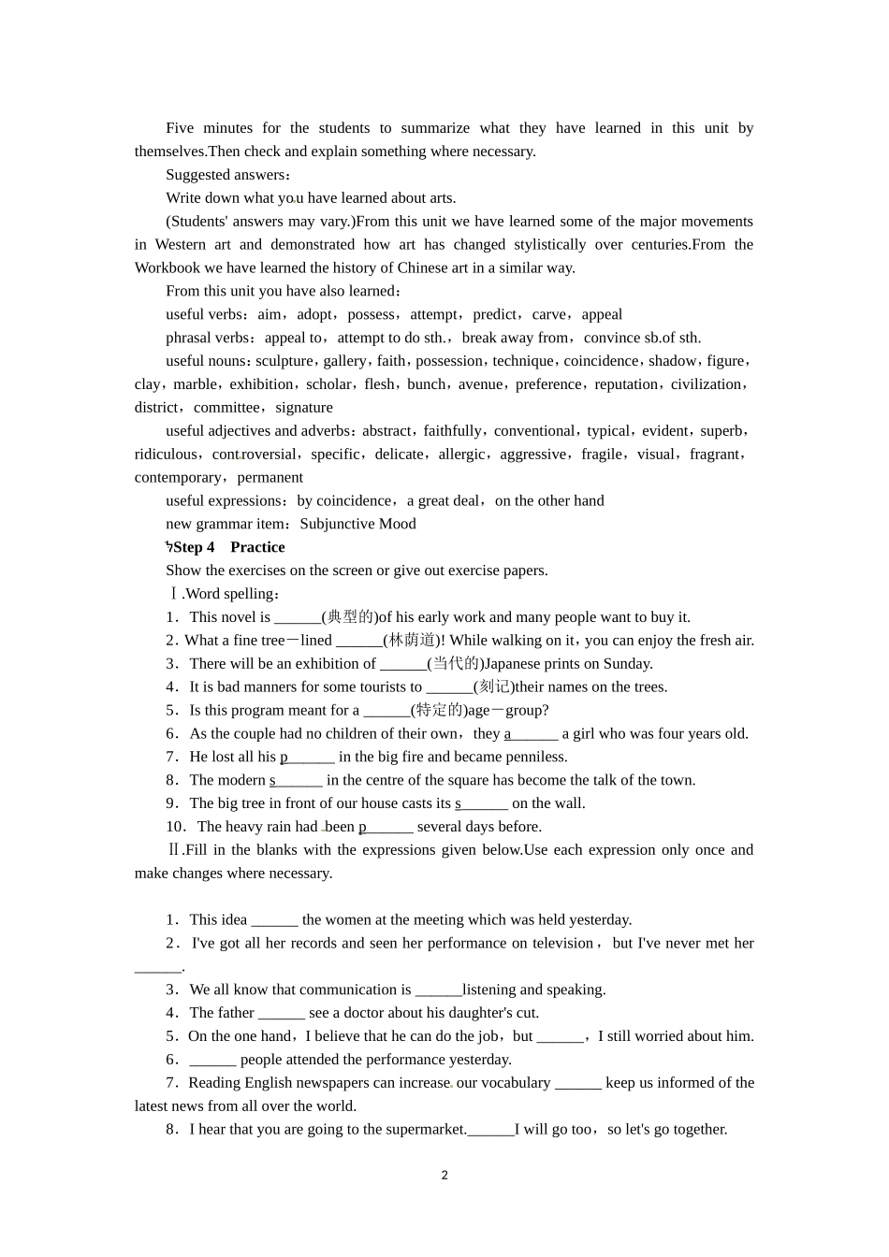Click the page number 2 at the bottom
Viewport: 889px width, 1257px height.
pos(444,1176)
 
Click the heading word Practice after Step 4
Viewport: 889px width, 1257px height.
pos(257,547)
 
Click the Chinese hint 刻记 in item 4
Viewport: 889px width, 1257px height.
pos(493,687)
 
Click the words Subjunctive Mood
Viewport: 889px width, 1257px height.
pos(357,524)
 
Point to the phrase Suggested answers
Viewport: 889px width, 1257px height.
pos(225,175)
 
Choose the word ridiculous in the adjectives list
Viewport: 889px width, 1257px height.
pos(166,455)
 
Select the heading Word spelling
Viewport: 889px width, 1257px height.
pos(230,594)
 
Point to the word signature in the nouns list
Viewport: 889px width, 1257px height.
pos(304,408)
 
